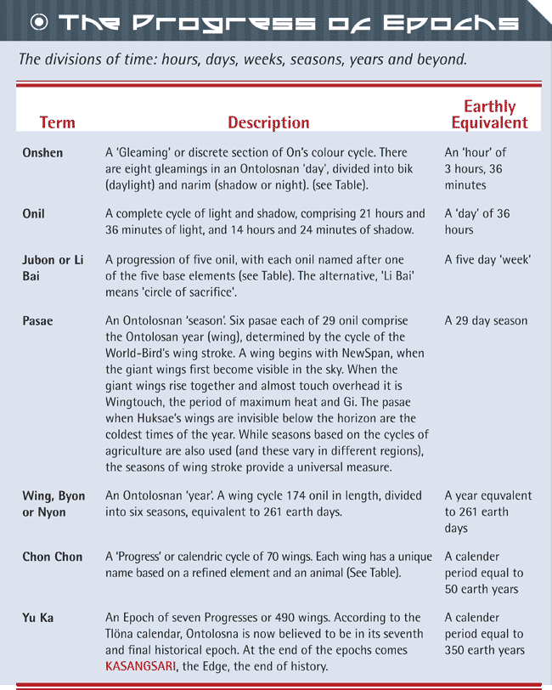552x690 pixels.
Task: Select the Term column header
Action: (57, 122)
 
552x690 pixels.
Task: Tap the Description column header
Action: (268, 122)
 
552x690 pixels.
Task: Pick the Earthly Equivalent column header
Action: (489, 115)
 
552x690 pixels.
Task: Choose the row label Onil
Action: (34, 214)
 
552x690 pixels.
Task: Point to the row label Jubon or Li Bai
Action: (53, 268)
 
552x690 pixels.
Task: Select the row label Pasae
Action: (37, 321)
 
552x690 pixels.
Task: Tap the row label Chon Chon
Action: (53, 557)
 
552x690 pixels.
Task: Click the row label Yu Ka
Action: (38, 618)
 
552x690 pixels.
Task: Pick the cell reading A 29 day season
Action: (486, 321)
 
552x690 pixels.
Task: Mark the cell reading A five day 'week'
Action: (487, 260)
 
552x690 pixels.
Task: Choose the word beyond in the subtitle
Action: (437, 60)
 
